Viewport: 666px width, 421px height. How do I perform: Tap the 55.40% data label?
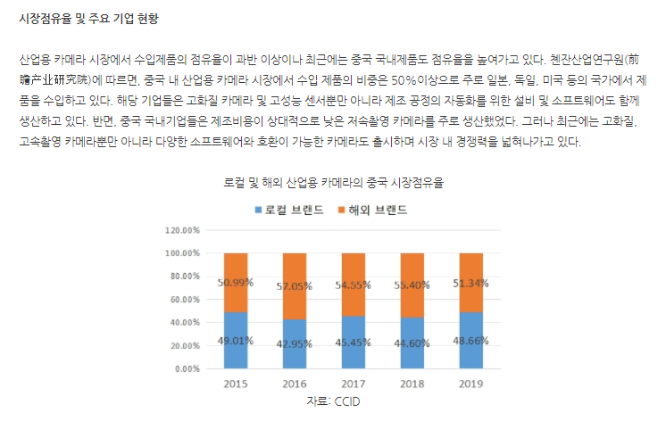pyautogui.click(x=412, y=285)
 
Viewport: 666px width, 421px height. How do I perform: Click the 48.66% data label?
pyautogui.click(x=470, y=339)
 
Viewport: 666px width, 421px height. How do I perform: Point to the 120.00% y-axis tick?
pyautogui.click(x=181, y=229)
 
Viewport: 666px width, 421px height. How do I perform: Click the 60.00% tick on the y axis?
pyautogui.click(x=184, y=299)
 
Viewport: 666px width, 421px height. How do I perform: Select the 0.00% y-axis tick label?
pyautogui.click(x=186, y=368)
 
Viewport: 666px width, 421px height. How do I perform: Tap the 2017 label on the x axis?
pyautogui.click(x=354, y=383)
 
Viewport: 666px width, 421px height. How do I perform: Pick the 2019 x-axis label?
pyautogui.click(x=470, y=383)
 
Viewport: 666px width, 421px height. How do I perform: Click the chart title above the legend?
pyautogui.click(x=333, y=183)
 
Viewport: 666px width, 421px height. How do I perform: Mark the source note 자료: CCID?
pyautogui.click(x=332, y=401)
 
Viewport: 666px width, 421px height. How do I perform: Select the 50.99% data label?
pyautogui.click(x=235, y=282)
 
